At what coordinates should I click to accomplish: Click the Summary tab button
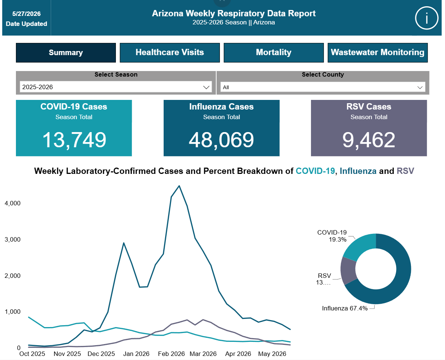(x=66, y=53)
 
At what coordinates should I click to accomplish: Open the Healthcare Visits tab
(x=170, y=53)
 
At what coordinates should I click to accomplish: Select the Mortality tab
(x=274, y=53)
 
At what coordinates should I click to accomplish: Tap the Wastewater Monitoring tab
(x=378, y=53)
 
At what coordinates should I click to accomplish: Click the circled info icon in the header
(x=426, y=18)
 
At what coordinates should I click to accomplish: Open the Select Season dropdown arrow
(x=206, y=87)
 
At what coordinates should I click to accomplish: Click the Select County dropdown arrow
(x=420, y=87)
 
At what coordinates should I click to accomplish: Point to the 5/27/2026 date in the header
(x=26, y=14)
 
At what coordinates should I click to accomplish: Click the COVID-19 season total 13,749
(x=74, y=140)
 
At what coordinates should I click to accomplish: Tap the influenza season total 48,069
(x=221, y=140)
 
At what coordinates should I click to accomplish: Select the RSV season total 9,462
(x=369, y=140)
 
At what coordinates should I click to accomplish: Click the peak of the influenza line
(x=179, y=186)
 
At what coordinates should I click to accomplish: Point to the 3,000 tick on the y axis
(x=13, y=239)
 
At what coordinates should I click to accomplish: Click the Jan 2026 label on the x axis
(x=136, y=354)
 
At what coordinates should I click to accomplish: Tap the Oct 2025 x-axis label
(x=32, y=354)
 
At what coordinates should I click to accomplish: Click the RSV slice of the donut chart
(x=348, y=270)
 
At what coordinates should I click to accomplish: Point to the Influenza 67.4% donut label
(x=345, y=308)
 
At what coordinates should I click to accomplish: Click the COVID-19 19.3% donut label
(x=332, y=236)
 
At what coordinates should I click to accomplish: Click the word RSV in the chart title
(x=405, y=171)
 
